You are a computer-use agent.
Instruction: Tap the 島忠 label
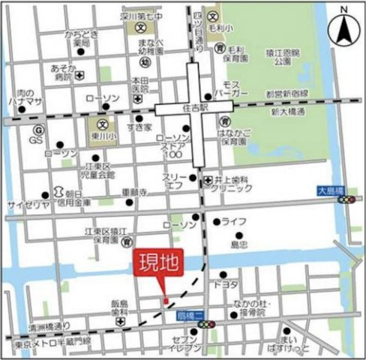pos(238,244)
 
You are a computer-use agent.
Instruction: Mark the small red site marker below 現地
pos(166,301)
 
